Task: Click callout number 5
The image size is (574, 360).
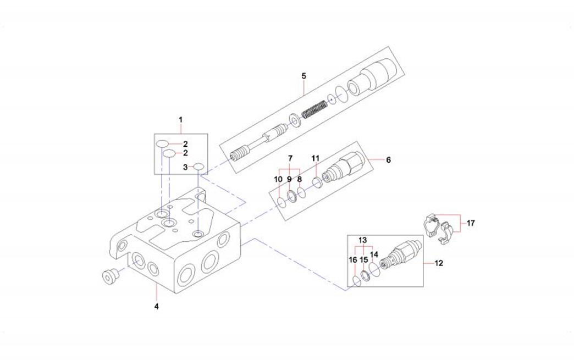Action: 303,75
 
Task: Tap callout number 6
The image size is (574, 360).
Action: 388,160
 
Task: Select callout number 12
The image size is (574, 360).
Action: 438,263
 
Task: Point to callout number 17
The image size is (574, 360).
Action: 471,223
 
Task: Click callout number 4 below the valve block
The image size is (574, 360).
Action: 156,306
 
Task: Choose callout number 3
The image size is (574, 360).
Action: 186,167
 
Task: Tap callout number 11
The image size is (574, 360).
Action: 315,158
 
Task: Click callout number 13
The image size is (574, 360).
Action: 362,241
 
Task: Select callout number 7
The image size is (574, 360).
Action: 290,158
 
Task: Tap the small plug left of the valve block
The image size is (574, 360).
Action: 110,276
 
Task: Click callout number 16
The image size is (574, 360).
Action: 352,259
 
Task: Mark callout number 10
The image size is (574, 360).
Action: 279,179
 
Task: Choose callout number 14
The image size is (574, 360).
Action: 374,254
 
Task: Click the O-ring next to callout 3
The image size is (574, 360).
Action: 198,167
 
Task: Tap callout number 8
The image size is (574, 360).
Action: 299,179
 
